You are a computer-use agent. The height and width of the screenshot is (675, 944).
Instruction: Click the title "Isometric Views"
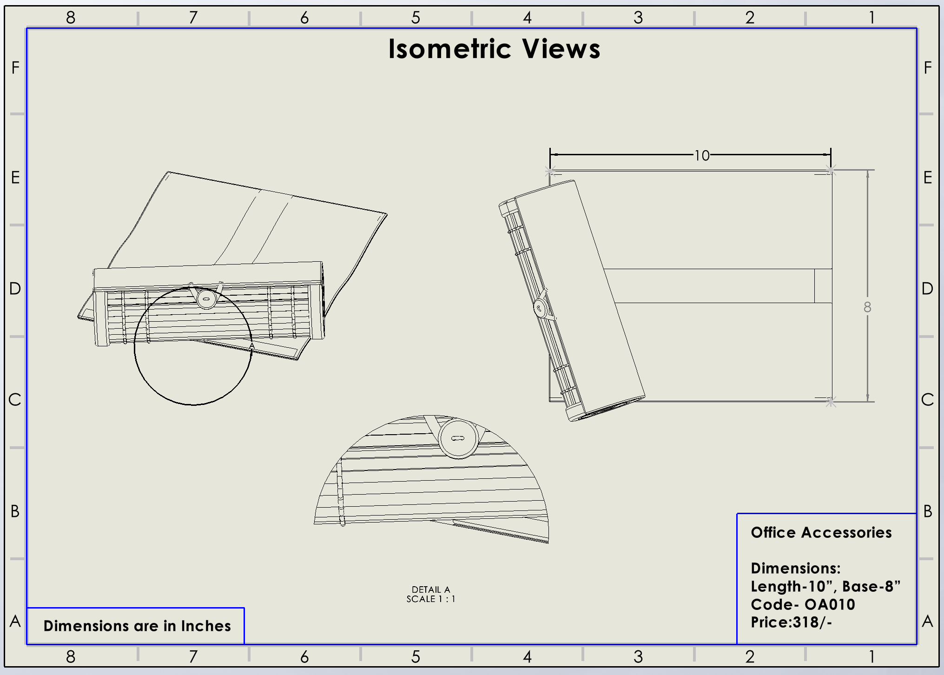[494, 49]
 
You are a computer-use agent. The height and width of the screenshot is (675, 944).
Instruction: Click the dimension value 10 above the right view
[702, 155]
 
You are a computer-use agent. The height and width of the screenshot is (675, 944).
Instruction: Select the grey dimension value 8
[867, 307]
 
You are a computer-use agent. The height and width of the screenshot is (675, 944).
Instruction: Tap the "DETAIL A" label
[431, 589]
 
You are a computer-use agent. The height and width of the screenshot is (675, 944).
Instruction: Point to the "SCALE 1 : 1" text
[431, 599]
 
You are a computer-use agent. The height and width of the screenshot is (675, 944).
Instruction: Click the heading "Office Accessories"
[821, 532]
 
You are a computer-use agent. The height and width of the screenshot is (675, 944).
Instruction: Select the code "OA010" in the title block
[830, 604]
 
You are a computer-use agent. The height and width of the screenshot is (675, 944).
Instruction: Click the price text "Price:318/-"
[791, 622]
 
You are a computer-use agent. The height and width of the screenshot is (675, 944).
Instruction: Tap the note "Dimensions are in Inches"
[137, 626]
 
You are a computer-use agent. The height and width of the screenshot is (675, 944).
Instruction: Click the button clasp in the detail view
[458, 438]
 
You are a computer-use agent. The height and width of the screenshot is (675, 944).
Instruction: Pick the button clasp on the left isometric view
[206, 299]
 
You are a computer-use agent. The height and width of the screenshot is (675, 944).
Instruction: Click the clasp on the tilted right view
[540, 308]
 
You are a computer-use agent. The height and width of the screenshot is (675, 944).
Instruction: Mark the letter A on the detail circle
[252, 346]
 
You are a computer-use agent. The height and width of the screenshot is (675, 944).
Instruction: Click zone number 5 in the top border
[416, 18]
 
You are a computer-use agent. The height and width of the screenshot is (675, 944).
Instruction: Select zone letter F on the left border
[15, 68]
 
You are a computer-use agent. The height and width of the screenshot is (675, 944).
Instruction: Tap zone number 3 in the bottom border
[638, 656]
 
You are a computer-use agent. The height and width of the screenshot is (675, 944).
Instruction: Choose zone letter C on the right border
[927, 400]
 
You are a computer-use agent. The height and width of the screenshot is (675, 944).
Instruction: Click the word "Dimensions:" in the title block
[796, 568]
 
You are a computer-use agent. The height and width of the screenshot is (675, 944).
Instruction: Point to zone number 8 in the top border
[71, 18]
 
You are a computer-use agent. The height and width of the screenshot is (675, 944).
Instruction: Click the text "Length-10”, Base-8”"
[825, 586]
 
